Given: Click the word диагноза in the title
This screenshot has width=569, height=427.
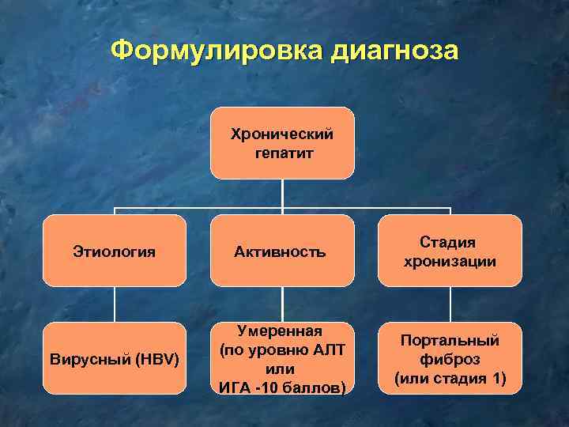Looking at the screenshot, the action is [x=394, y=51].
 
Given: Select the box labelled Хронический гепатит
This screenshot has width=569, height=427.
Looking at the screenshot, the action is [x=282, y=143].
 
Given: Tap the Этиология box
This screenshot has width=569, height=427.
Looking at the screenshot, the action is [x=114, y=251].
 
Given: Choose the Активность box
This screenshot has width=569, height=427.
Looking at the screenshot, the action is [x=282, y=251].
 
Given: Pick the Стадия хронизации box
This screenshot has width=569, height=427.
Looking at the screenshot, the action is [x=450, y=251].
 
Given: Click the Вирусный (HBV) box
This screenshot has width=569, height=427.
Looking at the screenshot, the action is [x=114, y=359].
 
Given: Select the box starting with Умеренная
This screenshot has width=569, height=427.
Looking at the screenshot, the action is [x=282, y=359].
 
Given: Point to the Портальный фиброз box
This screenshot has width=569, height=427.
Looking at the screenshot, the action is [x=450, y=359].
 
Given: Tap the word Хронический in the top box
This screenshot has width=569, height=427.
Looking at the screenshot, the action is [x=282, y=134].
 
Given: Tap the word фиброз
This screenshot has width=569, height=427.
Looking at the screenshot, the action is [x=450, y=359].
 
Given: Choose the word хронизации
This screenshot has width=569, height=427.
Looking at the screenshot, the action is [x=450, y=261].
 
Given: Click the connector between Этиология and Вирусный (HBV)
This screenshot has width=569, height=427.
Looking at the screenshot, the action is [x=114, y=304].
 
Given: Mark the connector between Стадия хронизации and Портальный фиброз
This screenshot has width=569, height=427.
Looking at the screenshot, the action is [x=450, y=304].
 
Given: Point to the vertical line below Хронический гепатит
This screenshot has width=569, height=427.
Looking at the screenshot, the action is [x=282, y=193].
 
